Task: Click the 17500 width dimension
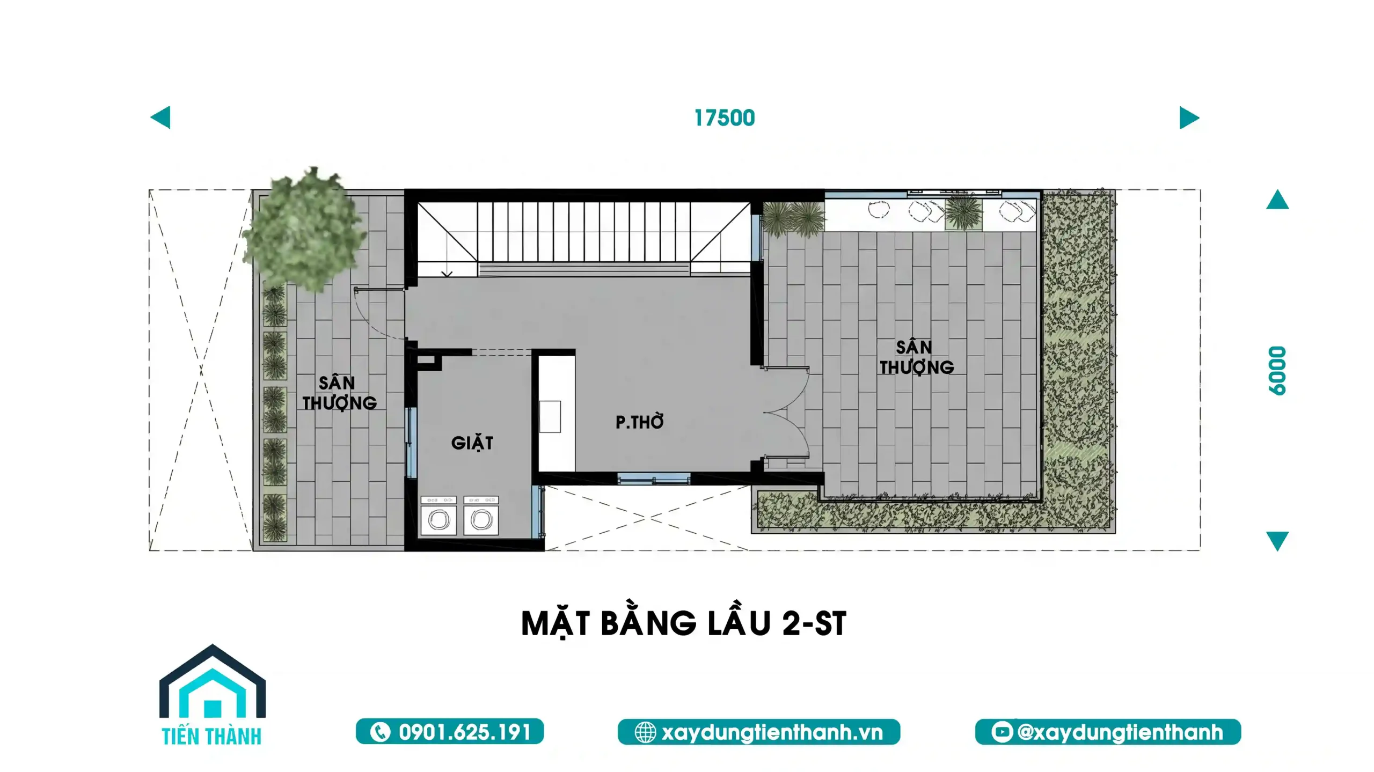point(725,118)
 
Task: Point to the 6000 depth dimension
point(1277,371)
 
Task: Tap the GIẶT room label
point(472,443)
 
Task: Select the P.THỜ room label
point(639,422)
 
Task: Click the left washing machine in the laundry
point(438,516)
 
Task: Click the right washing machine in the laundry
point(481,516)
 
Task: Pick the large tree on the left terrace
point(304,229)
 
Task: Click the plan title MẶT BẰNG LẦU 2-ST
point(684,623)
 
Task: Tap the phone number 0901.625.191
point(465,732)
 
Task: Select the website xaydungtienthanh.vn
point(772,732)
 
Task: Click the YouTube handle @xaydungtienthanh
point(1120,732)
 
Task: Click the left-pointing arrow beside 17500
point(160,117)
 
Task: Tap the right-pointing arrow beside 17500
point(1189,117)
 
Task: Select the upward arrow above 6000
point(1277,200)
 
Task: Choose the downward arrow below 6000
point(1277,541)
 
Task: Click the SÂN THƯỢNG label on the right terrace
point(917,357)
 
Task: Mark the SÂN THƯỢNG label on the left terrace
point(339,393)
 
